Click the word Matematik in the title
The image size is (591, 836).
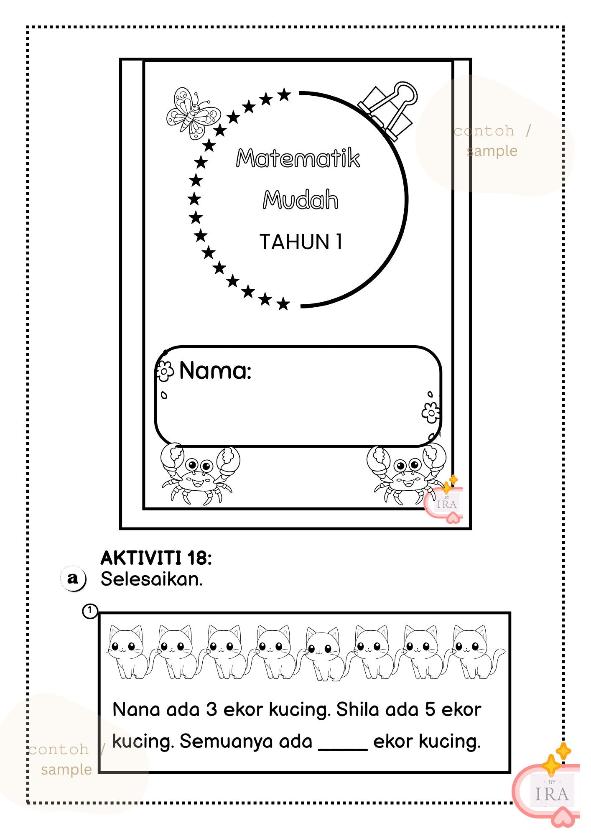click(298, 158)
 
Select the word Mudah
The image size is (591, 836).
click(300, 200)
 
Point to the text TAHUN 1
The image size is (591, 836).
click(301, 242)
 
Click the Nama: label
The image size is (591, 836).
click(215, 370)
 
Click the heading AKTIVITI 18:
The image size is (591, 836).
click(156, 558)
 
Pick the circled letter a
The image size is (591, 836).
click(73, 579)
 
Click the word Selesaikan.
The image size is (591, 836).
click(151, 579)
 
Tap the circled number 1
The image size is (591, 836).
click(89, 611)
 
